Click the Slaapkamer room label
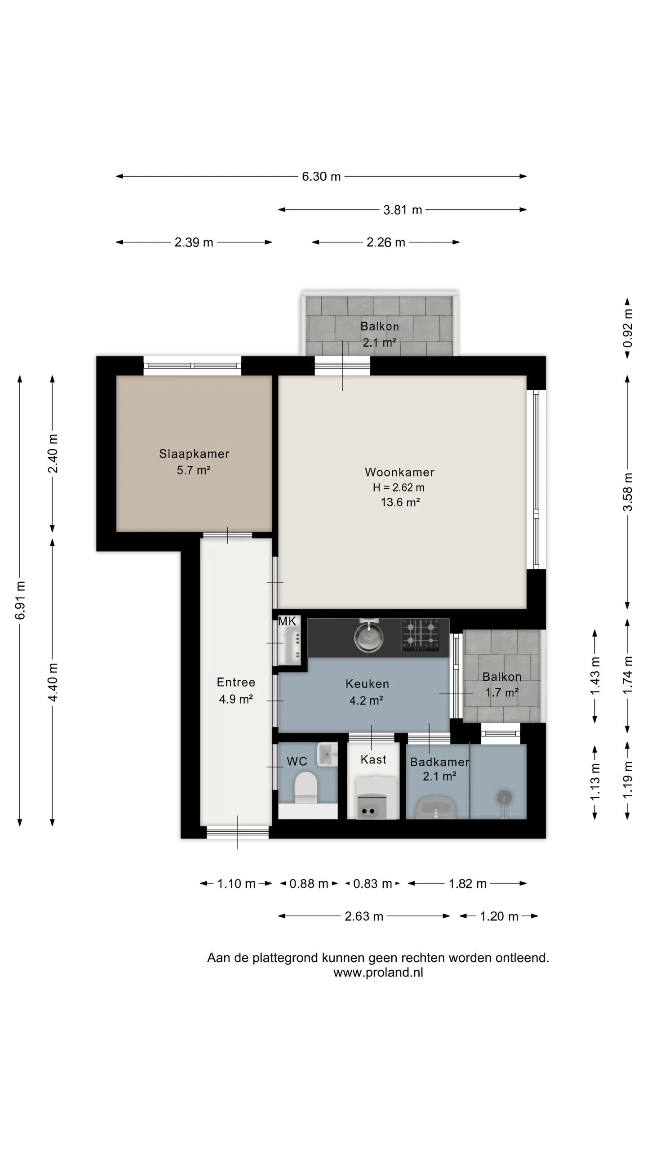[194, 454]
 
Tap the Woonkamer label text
[399, 472]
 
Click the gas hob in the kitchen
[421, 634]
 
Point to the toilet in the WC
[306, 787]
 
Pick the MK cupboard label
[287, 621]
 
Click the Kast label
[373, 759]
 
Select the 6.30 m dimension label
[321, 176]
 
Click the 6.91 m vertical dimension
[20, 600]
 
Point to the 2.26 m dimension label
[386, 242]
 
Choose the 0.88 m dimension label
[309, 884]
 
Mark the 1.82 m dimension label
[468, 884]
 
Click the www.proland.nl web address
[378, 973]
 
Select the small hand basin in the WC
[327, 754]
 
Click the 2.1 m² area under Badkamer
[439, 776]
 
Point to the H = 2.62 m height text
[399, 487]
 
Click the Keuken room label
[367, 684]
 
